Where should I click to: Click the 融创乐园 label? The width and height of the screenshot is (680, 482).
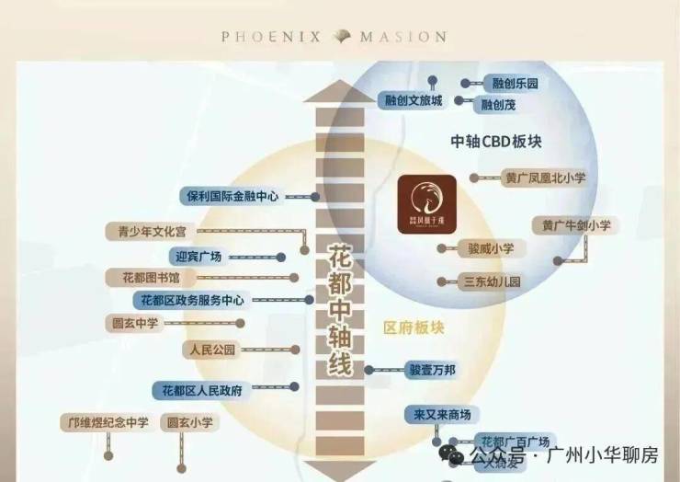point(514,84)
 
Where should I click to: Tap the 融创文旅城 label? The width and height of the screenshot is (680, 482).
point(410,100)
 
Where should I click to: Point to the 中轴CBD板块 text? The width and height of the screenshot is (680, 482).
point(493,142)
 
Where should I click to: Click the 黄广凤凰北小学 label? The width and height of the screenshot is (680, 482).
point(544,178)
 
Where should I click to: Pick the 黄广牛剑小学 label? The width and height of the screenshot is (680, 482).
point(575,225)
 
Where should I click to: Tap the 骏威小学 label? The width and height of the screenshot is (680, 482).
point(490,248)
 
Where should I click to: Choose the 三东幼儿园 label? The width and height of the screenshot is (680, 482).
point(492,281)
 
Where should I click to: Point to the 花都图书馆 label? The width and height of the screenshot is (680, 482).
point(151,277)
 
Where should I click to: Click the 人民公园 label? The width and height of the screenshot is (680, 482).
point(211,350)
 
